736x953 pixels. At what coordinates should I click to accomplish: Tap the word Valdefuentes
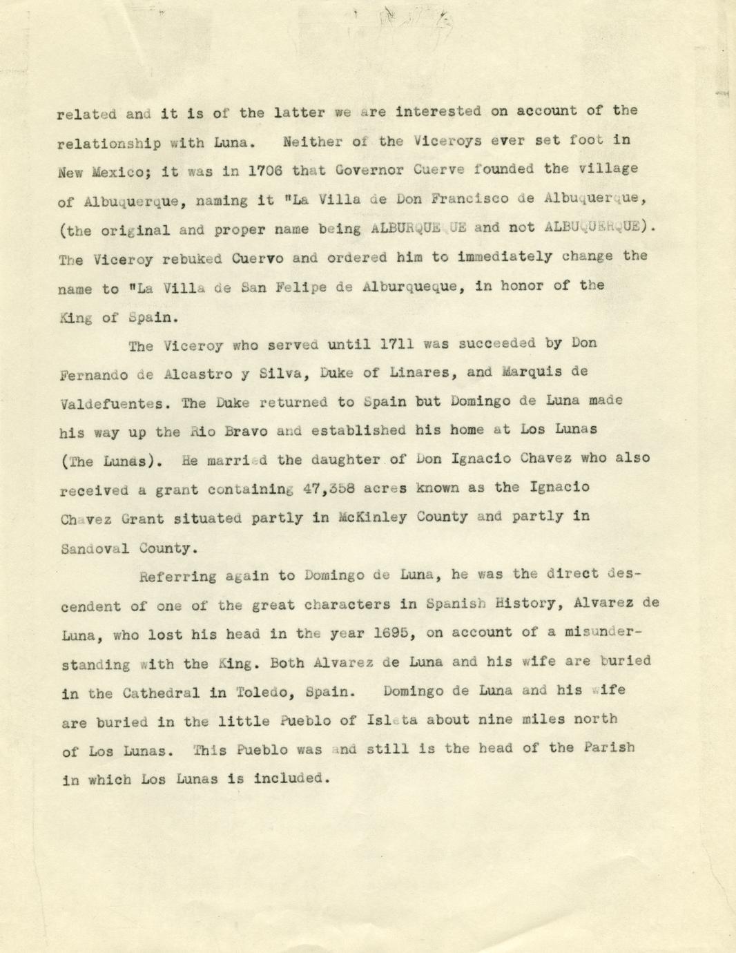click(x=113, y=403)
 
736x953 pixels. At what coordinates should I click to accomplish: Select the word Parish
click(x=608, y=747)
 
